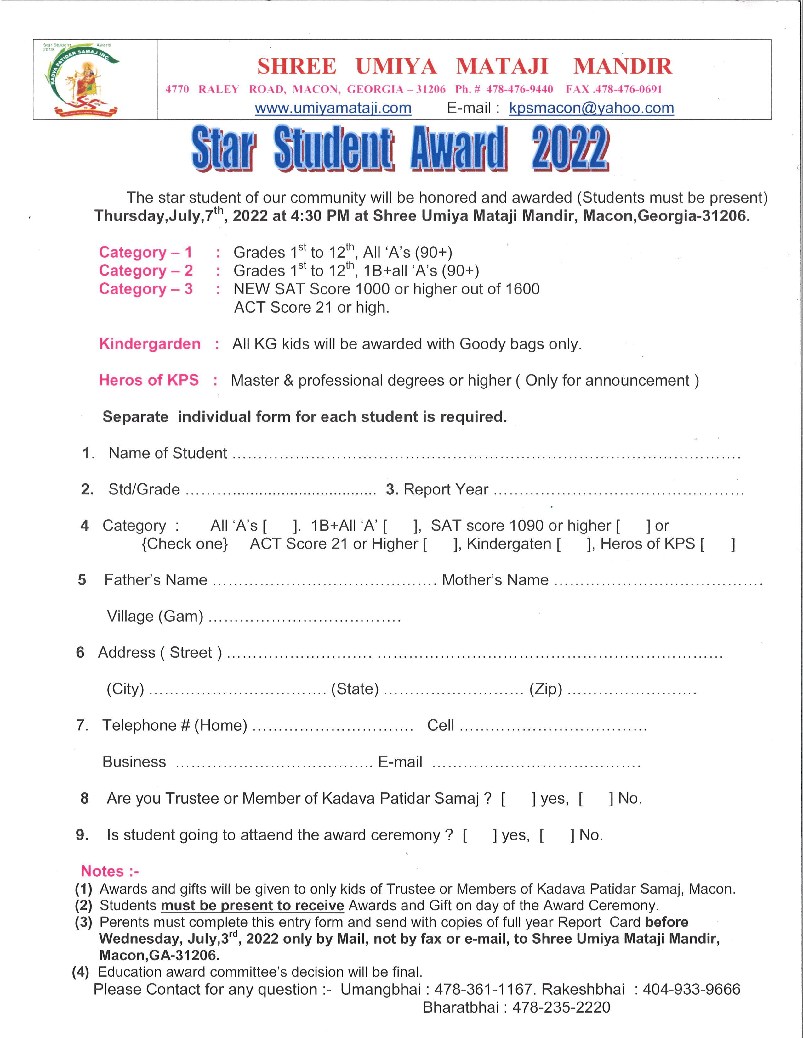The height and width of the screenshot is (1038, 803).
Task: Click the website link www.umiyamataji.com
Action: [x=333, y=109]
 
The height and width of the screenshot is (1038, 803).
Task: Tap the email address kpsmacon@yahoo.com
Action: [x=591, y=109]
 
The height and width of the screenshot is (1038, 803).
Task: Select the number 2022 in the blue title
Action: [x=570, y=148]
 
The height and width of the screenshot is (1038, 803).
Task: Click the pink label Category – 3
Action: [x=145, y=289]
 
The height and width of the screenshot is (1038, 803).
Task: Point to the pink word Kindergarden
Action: [x=149, y=343]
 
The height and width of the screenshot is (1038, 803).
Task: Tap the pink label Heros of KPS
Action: [x=148, y=380]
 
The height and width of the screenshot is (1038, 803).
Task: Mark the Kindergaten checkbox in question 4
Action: [x=574, y=544]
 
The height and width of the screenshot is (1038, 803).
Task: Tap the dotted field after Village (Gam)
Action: [x=305, y=618]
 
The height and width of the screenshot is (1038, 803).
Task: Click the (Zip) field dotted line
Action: [x=632, y=690]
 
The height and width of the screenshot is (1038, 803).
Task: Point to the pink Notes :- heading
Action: [x=109, y=871]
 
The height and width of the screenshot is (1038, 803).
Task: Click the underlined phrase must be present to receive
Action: [x=252, y=905]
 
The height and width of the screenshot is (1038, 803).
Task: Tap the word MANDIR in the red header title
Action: [x=622, y=66]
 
